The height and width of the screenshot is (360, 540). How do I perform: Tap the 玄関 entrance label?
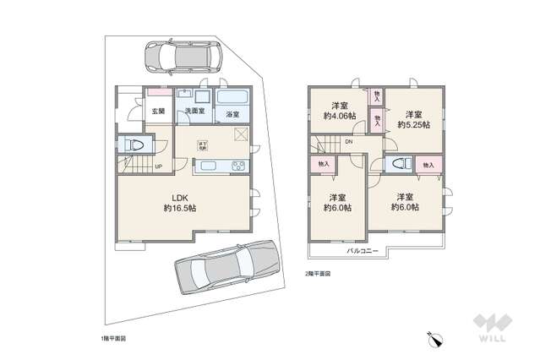tap(158, 111)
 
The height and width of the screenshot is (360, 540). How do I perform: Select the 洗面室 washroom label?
tap(189, 111)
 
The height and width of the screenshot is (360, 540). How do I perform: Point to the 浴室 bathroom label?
tap(231, 114)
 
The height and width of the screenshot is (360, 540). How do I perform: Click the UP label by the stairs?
tap(158, 166)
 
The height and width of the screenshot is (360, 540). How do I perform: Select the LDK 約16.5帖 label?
tap(179, 202)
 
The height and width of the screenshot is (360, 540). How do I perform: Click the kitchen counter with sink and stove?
tap(221, 166)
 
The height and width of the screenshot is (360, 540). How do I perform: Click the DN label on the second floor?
tap(349, 142)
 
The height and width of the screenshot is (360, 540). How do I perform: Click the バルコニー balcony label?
tap(366, 251)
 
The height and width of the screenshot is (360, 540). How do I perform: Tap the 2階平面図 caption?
tap(318, 275)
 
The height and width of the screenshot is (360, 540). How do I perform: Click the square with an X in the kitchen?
tap(241, 134)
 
